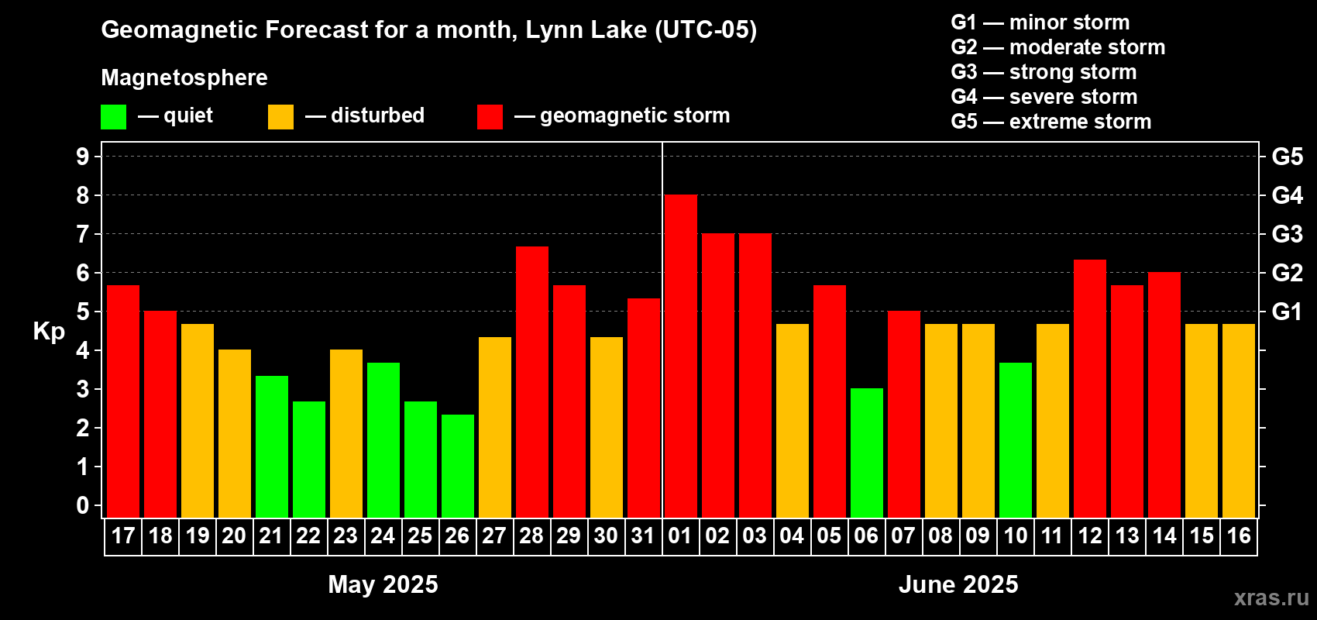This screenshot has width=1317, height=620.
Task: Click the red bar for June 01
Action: (x=681, y=356)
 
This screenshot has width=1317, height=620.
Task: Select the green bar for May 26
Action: (x=458, y=466)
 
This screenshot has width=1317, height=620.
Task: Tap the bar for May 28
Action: (x=532, y=382)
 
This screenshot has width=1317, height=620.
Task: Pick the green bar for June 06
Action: (x=867, y=453)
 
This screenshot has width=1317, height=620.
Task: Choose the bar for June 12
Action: (x=1090, y=388)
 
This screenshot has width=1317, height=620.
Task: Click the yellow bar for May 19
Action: (x=198, y=421)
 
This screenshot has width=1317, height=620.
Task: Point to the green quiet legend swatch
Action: (x=113, y=116)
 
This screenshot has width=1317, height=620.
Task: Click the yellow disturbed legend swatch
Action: (x=280, y=116)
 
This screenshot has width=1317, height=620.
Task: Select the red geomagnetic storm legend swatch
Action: (x=490, y=116)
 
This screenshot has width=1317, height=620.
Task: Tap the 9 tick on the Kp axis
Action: (x=82, y=157)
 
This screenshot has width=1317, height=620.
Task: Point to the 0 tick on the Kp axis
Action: (x=82, y=505)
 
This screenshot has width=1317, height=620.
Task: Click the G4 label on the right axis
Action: (x=1288, y=195)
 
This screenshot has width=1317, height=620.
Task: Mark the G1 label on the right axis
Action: (x=1288, y=312)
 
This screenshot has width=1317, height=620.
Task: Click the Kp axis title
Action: (x=49, y=332)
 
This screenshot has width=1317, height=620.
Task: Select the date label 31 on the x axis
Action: (x=643, y=536)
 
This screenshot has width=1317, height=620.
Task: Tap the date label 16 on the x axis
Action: (x=1239, y=536)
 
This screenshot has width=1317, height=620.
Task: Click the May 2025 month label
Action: (x=383, y=584)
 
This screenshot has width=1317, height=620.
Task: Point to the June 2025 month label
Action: (x=958, y=584)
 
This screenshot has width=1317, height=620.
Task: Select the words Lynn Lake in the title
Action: (x=586, y=29)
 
